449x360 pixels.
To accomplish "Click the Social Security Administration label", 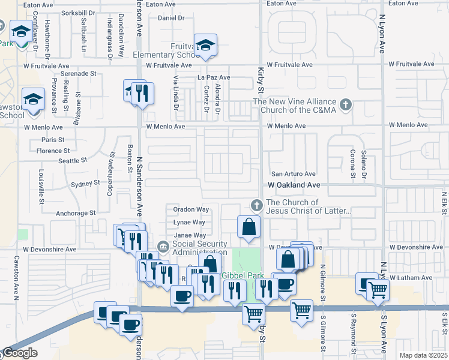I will pyautogui.click(x=200, y=248).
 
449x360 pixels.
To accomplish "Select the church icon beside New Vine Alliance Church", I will pyautogui.click(x=345, y=106).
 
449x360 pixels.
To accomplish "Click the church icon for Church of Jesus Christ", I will pyautogui.click(x=257, y=206).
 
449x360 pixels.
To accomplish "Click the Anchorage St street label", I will pyautogui.click(x=75, y=213).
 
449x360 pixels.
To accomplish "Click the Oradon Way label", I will pyautogui.click(x=191, y=210).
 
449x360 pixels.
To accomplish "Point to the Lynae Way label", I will pyautogui.click(x=190, y=223).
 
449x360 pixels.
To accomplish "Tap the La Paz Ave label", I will pyautogui.click(x=214, y=77).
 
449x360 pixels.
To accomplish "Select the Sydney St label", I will pyautogui.click(x=85, y=184).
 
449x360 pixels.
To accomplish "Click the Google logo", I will pyautogui.click(x=19, y=353).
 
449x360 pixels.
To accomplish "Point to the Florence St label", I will pyautogui.click(x=53, y=151).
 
